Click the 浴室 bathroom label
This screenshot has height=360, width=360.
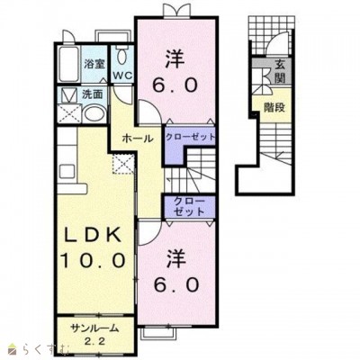click(94, 64)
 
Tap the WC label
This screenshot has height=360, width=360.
click(122, 76)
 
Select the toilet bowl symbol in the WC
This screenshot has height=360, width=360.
click(121, 57)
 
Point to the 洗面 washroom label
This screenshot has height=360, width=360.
click(93, 94)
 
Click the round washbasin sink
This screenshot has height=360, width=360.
click(94, 113)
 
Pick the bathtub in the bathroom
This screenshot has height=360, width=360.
click(69, 64)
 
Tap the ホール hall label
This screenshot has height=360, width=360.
click(138, 139)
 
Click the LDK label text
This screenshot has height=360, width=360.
click(94, 235)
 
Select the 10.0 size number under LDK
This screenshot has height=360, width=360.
click(93, 259)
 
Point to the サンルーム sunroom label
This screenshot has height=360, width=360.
click(94, 328)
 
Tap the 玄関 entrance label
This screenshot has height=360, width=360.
click(280, 72)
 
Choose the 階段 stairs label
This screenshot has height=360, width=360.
click(274, 107)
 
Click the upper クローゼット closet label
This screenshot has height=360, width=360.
click(191, 138)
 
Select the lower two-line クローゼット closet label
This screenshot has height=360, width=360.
click(189, 207)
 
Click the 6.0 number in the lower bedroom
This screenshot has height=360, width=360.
click(176, 284)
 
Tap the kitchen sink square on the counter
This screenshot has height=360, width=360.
click(65, 172)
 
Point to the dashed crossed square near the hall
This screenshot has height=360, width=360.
click(123, 164)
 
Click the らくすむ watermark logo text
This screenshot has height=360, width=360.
click(43, 351)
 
